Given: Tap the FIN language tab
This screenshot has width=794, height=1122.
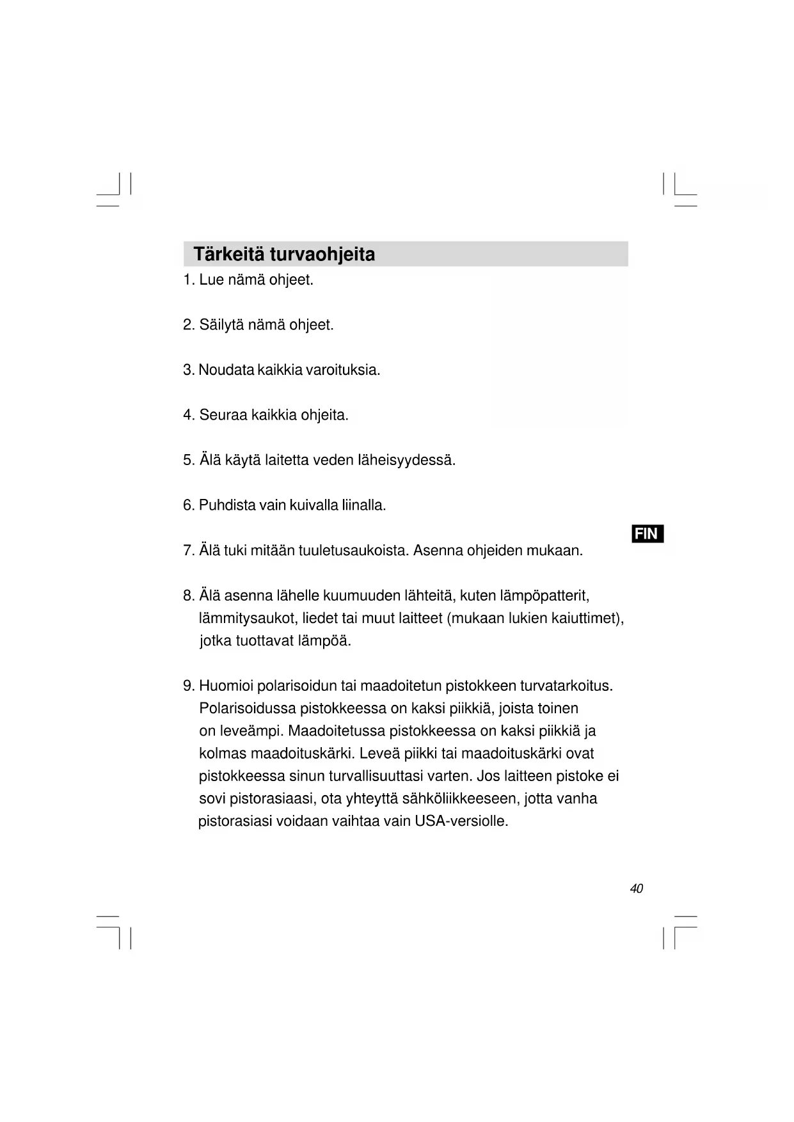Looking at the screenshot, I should point(647,533).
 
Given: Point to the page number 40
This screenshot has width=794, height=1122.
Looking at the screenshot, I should point(636,889).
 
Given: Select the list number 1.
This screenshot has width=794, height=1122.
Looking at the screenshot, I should point(187,280).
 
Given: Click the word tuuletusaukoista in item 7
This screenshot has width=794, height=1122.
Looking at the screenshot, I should point(353,551).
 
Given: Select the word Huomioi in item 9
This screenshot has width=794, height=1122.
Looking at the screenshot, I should point(226,686).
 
